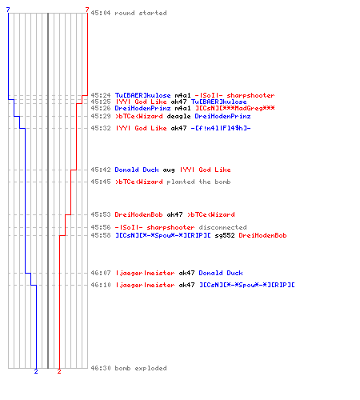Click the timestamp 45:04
click(101, 13)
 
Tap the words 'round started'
click(141, 13)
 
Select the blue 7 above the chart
click(8, 10)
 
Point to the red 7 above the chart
click(87, 10)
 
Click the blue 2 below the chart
click(36, 371)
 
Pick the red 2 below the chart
click(59, 371)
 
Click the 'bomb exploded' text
click(141, 368)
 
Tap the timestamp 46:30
click(101, 368)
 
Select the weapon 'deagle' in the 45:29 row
click(178, 117)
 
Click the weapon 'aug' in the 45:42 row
click(169, 170)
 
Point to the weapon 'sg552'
click(225, 235)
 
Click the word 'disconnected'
click(222, 227)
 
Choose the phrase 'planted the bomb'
click(198, 182)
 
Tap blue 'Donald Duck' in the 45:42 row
click(137, 170)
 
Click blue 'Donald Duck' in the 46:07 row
click(221, 273)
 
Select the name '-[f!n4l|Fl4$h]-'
click(221, 128)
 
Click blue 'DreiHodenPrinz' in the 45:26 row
click(142, 108)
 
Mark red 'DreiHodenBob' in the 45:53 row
click(138, 214)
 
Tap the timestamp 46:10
click(101, 285)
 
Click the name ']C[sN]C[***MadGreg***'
click(235, 108)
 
